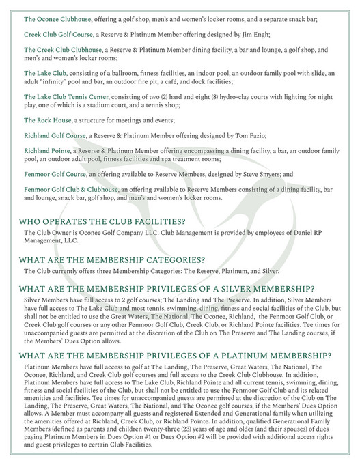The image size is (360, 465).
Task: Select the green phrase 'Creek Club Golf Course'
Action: [60, 33]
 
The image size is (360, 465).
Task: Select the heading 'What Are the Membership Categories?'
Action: [112, 259]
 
